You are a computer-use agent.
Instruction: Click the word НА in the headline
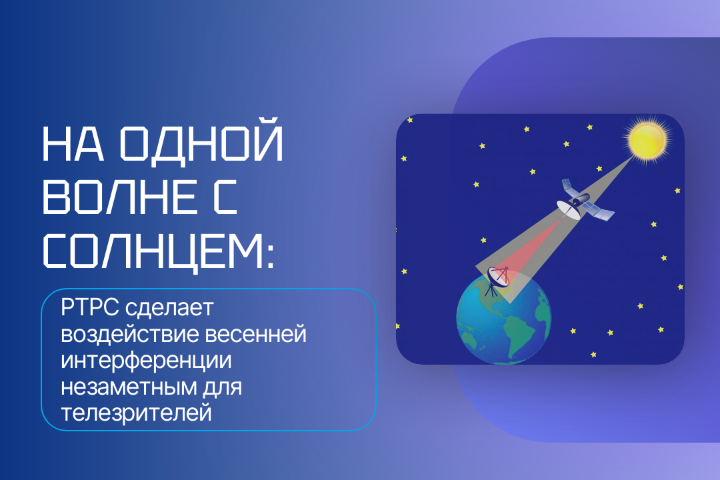pos(73,144)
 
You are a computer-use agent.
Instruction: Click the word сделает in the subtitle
pos(169,308)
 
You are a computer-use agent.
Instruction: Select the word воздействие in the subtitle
pos(129,334)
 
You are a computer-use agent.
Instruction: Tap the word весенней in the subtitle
pos(255,335)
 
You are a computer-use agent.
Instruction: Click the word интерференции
pos(146,361)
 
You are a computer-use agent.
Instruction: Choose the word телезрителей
pos(136,413)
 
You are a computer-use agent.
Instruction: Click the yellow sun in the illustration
pos(647,139)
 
